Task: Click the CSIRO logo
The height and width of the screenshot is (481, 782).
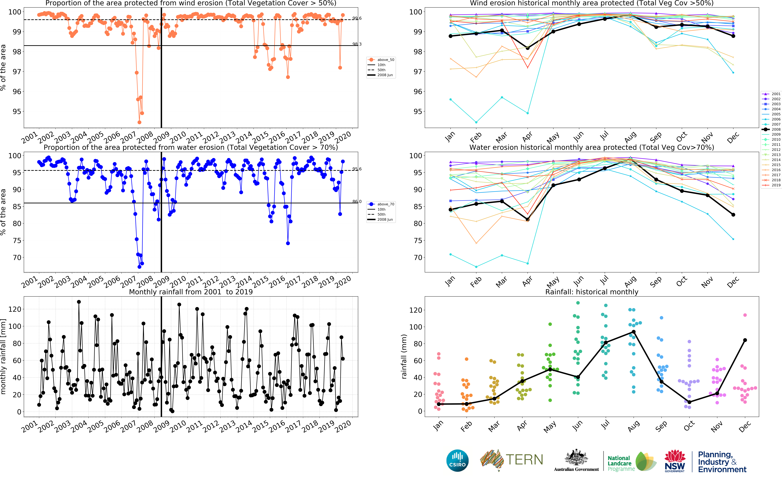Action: tap(457, 460)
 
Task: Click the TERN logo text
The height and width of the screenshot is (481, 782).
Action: tap(524, 460)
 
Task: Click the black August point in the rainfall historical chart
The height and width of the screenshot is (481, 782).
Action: tap(634, 332)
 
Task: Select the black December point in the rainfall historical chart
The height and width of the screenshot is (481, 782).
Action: tap(745, 340)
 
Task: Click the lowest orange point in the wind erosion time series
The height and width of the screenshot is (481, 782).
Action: tap(139, 122)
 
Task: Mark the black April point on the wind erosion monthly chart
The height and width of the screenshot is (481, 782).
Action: tap(527, 48)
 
